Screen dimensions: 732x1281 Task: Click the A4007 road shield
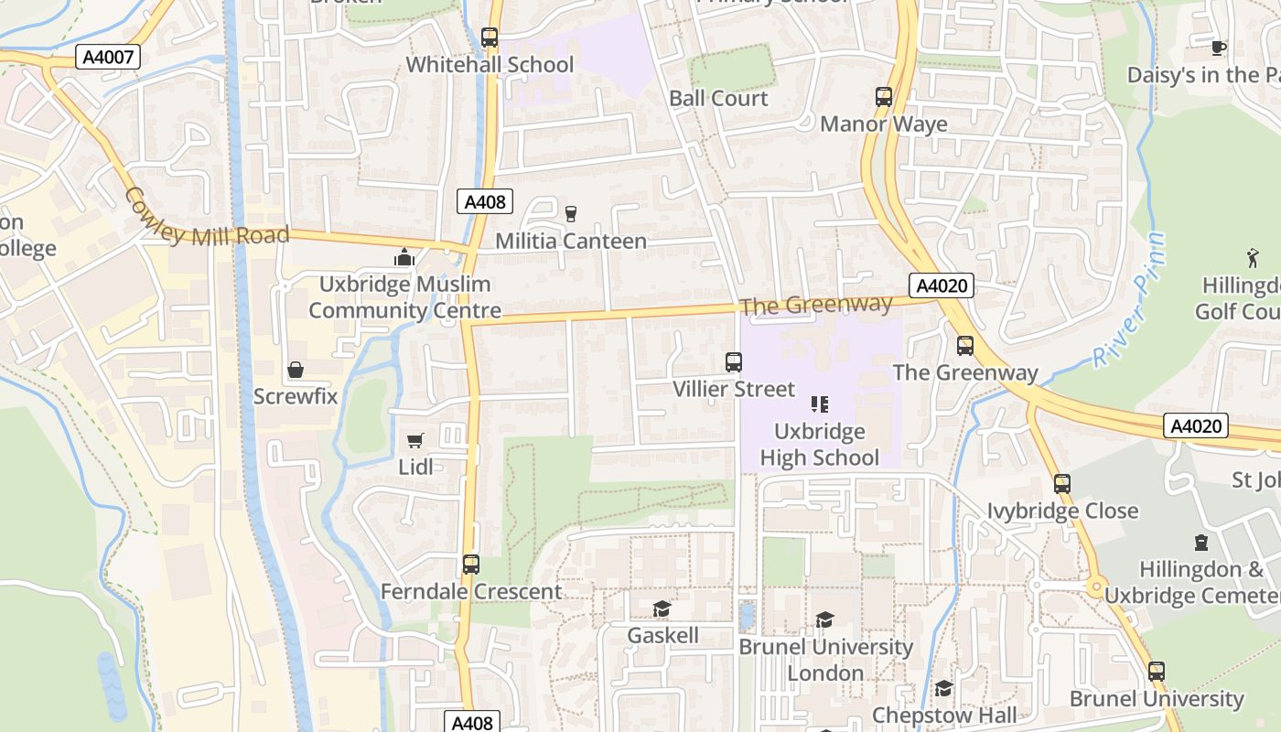pyautogui.click(x=108, y=57)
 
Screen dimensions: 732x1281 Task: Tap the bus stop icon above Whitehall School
pyautogui.click(x=490, y=38)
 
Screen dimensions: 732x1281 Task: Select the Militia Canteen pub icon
pyautogui.click(x=572, y=213)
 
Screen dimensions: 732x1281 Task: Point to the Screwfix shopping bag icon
pyautogui.click(x=296, y=370)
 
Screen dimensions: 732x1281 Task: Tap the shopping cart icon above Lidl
pyautogui.click(x=415, y=441)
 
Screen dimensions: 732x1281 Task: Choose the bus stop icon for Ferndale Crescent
pyautogui.click(x=471, y=564)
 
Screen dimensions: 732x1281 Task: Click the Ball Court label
pyautogui.click(x=718, y=98)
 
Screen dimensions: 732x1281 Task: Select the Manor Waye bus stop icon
pyautogui.click(x=884, y=96)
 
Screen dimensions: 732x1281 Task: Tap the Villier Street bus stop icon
pyautogui.click(x=734, y=361)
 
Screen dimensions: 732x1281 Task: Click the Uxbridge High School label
pyautogui.click(x=820, y=444)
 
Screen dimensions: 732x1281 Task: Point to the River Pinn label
pyautogui.click(x=1133, y=300)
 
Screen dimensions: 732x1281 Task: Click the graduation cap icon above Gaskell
pyautogui.click(x=662, y=608)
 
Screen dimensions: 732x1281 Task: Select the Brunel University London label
pyautogui.click(x=826, y=659)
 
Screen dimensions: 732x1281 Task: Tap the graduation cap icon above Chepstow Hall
pyautogui.click(x=943, y=688)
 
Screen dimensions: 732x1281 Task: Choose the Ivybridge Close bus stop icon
pyautogui.click(x=1062, y=483)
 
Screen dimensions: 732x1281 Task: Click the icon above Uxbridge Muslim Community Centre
pyautogui.click(x=404, y=257)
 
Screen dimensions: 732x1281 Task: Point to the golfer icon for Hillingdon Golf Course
pyautogui.click(x=1253, y=258)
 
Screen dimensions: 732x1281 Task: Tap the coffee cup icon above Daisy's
pyautogui.click(x=1218, y=48)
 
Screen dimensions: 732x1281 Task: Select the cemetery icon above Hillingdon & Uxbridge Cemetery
pyautogui.click(x=1201, y=543)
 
